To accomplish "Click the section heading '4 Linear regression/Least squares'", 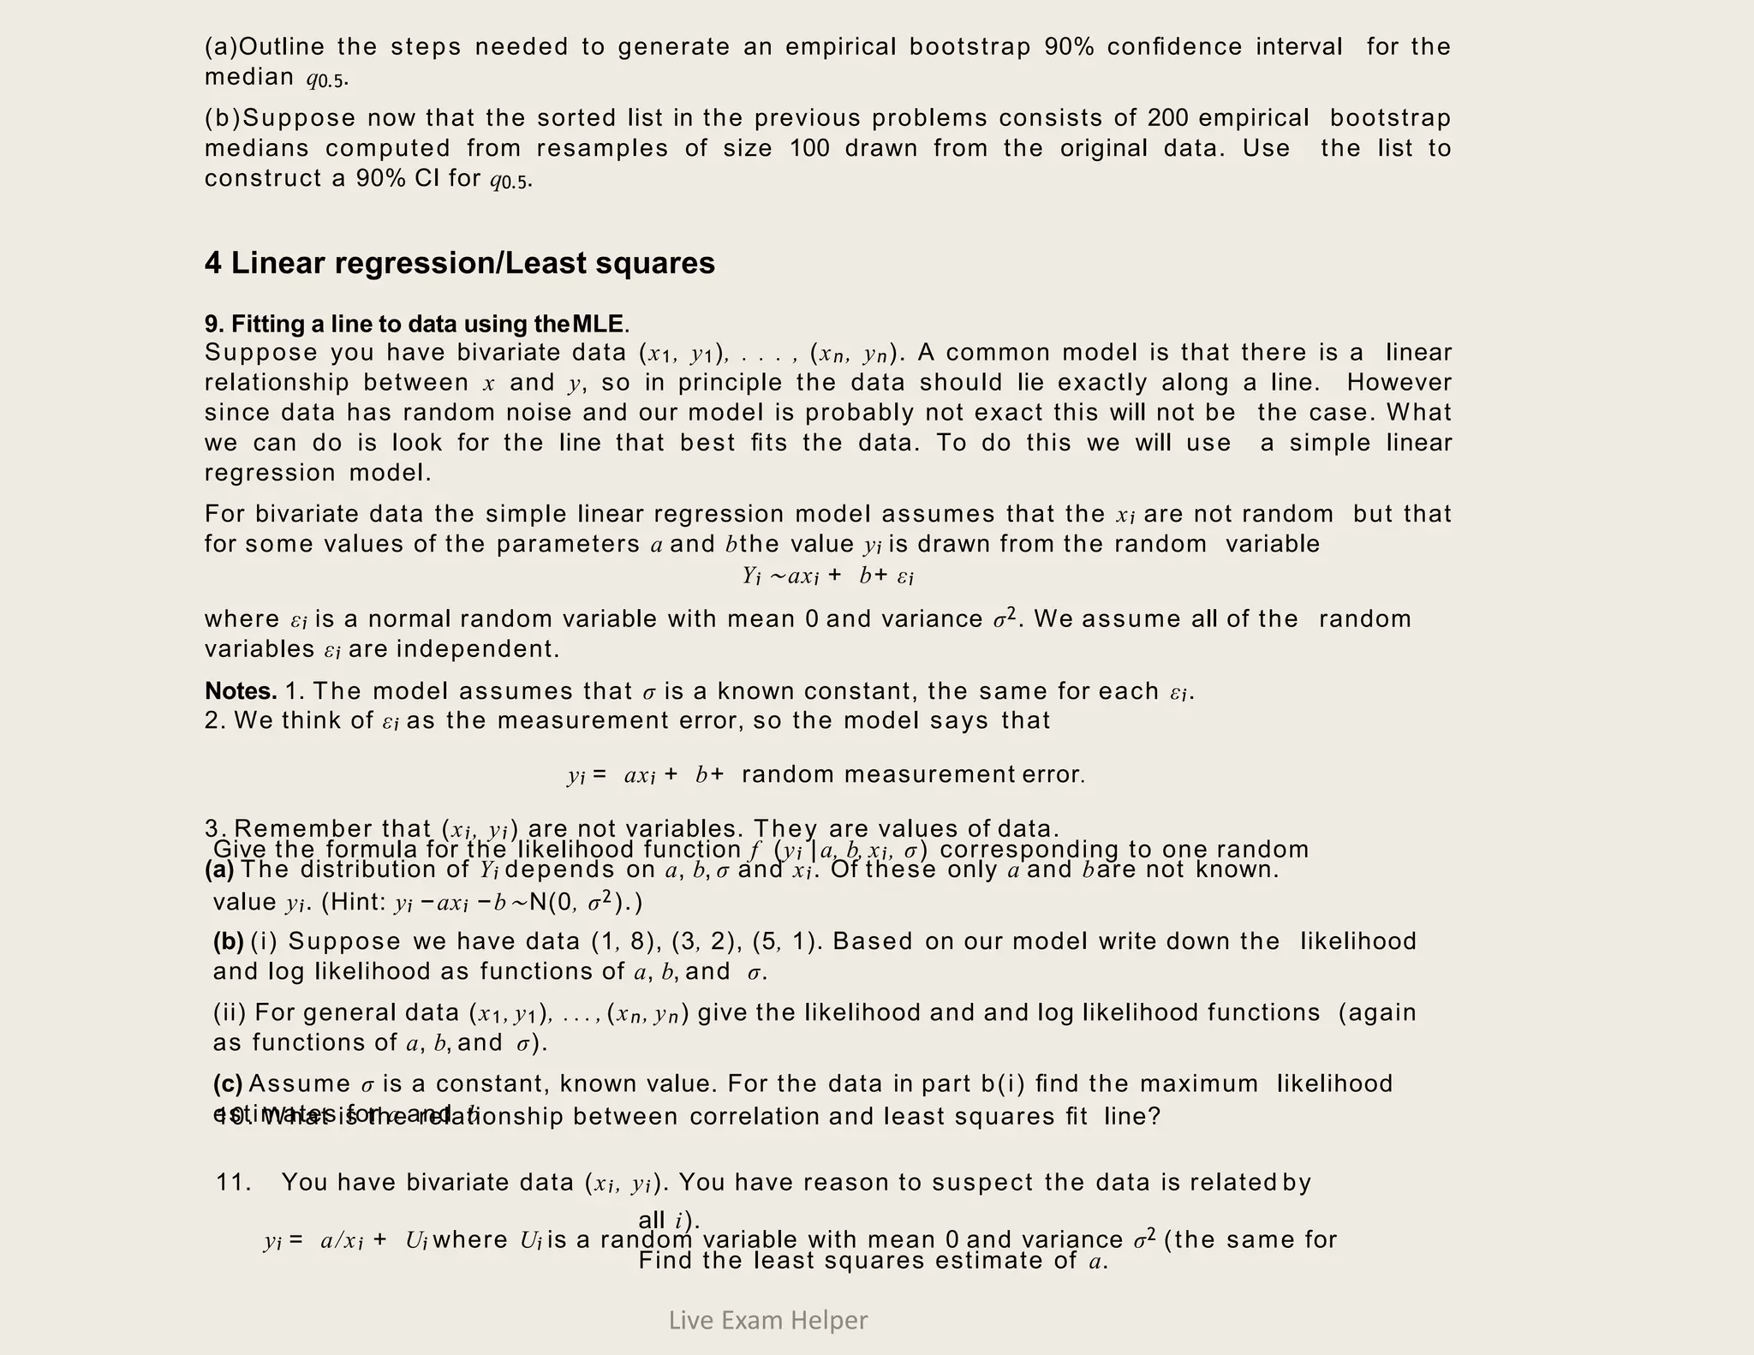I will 459,263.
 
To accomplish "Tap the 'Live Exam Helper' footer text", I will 767,1320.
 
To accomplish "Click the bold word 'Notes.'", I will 241,690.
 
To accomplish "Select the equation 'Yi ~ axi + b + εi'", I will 828,576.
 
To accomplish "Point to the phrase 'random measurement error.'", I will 913,774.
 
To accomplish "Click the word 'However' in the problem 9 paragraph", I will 1399,382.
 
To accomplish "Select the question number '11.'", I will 234,1182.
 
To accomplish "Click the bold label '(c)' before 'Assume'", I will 228,1083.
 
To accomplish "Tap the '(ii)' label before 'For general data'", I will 230,1012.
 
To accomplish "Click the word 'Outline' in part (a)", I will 280,46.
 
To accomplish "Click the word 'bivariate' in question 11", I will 459,1182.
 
